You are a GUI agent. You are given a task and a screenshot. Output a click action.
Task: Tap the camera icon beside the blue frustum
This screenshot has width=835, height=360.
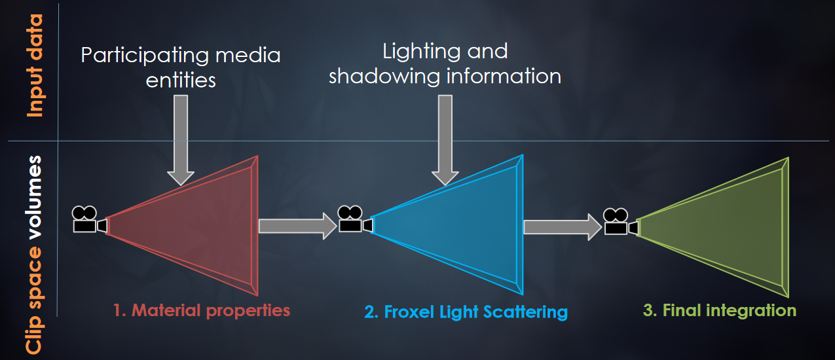[x=355, y=219]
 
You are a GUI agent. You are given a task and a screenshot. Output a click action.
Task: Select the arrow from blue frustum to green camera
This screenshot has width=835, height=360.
[x=563, y=226]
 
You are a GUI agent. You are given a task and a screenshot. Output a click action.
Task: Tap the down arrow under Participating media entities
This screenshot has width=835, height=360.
[x=181, y=140]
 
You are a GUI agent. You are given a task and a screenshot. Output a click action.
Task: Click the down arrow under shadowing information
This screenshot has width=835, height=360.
[x=445, y=140]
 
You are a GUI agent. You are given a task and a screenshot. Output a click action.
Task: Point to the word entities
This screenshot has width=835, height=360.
[x=181, y=80]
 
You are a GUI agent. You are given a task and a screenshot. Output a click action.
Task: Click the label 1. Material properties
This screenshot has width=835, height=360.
[x=201, y=310]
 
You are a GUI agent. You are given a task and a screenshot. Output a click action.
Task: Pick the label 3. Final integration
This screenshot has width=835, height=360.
[x=720, y=310]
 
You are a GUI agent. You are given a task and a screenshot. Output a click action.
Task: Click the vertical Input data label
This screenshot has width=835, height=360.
[x=35, y=65]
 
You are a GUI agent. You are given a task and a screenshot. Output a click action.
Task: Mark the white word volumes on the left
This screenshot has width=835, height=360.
[x=34, y=198]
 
